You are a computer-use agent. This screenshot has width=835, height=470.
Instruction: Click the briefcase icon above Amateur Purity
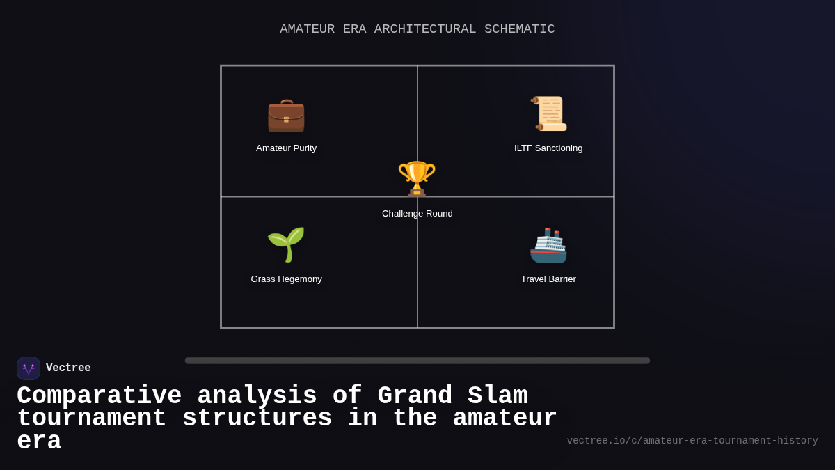pyautogui.click(x=286, y=115)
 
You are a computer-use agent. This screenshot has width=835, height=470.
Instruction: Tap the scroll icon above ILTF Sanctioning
pyautogui.click(x=549, y=113)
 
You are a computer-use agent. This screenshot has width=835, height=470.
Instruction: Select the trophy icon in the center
pyautogui.click(x=417, y=178)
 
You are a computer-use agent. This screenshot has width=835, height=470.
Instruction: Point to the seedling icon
pyautogui.click(x=286, y=244)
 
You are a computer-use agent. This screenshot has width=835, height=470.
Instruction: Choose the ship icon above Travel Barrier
pyautogui.click(x=548, y=245)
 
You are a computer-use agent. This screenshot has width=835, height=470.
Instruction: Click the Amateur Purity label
pyautogui.click(x=286, y=148)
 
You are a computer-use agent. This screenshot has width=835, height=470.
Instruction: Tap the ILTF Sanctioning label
pyautogui.click(x=548, y=148)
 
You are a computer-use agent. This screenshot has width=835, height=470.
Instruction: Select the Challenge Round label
pyautogui.click(x=417, y=214)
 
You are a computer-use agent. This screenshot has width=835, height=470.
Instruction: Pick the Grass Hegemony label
pyautogui.click(x=286, y=279)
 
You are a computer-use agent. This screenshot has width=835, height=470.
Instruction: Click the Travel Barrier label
pyautogui.click(x=548, y=279)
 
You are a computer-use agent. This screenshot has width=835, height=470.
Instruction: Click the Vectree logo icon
pyautogui.click(x=29, y=368)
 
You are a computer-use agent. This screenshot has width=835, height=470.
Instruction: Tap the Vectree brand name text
pyautogui.click(x=68, y=368)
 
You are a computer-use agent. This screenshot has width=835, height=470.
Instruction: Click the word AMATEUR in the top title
pyautogui.click(x=307, y=29)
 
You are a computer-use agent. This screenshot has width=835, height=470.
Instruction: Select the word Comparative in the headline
pyautogui.click(x=99, y=396)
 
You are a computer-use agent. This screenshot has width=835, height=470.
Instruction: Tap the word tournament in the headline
pyautogui.click(x=91, y=418)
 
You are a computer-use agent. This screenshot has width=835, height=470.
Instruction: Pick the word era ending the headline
pyautogui.click(x=39, y=441)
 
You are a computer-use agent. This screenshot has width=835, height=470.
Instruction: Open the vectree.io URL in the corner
pyautogui.click(x=692, y=441)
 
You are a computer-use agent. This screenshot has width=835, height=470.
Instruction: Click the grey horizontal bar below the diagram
pyautogui.click(x=417, y=361)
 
